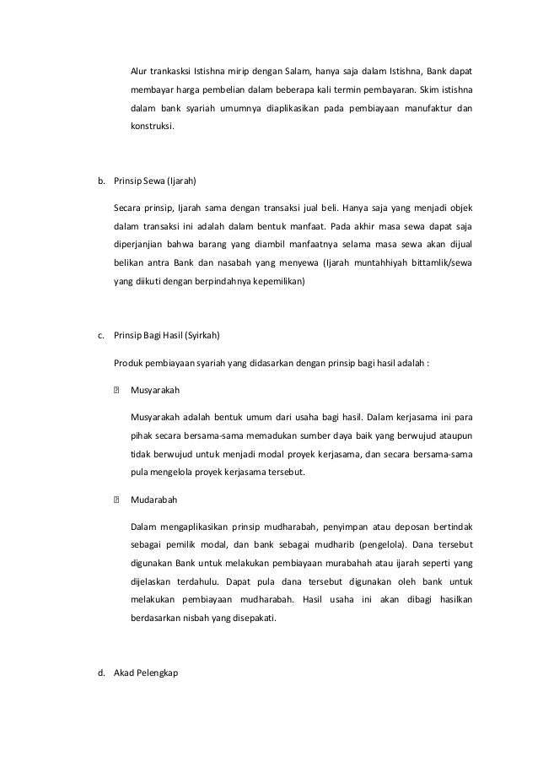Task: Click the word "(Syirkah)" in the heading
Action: pyautogui.click(x=200, y=335)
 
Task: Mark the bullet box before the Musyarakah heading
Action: pyautogui.click(x=116, y=391)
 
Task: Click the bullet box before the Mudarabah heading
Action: pyautogui.click(x=116, y=500)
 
